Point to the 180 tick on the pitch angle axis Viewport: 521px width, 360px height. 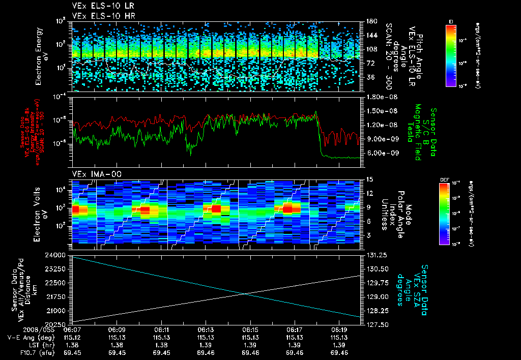tap(370, 21)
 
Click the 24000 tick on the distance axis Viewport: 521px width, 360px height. tap(60, 254)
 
